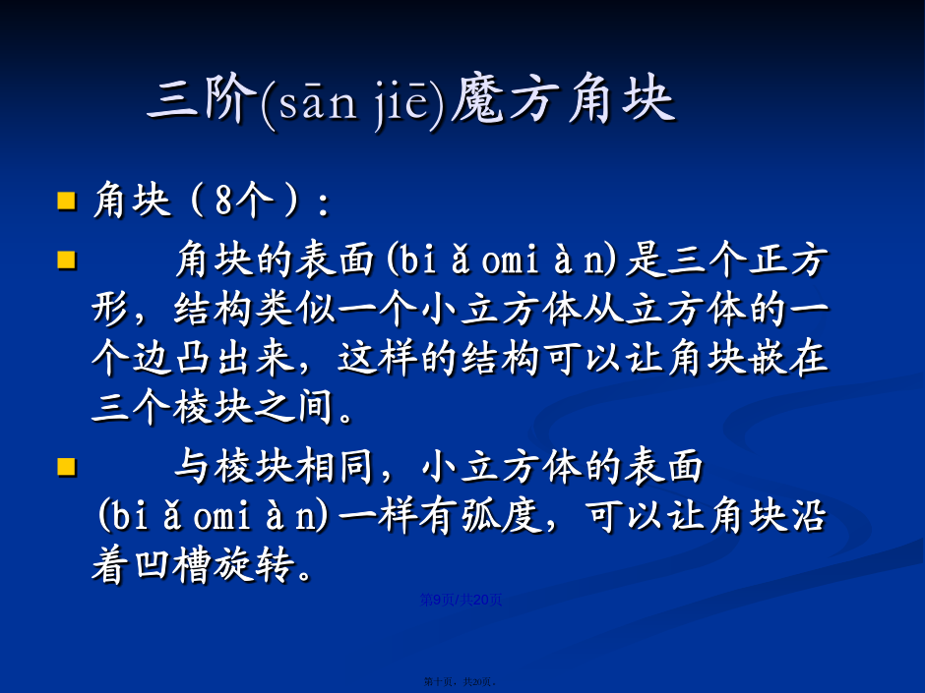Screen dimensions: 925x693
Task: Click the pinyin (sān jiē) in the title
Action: coord(352,102)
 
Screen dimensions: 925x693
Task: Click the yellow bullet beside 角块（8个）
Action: coord(67,201)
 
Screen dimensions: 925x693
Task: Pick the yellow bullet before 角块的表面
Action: coord(67,260)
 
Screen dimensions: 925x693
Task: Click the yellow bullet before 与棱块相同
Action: coord(67,467)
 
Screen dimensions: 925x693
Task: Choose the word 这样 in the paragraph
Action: coord(378,358)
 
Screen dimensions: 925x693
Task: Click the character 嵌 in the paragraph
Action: coord(768,358)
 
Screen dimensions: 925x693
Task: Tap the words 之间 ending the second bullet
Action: coord(295,408)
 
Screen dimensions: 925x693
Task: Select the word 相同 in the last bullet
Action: coord(336,467)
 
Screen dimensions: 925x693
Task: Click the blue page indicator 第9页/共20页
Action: coord(461,600)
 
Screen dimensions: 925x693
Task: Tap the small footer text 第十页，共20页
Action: coord(460,682)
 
